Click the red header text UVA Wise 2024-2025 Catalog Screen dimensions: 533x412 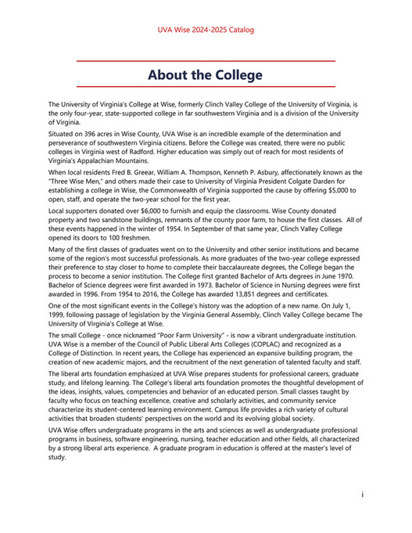click(x=206, y=31)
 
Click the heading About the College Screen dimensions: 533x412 click(x=206, y=75)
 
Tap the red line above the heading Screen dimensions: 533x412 click(x=206, y=61)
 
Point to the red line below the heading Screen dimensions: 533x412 click(x=206, y=87)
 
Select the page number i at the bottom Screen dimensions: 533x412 click(x=363, y=495)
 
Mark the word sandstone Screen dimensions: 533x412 click(x=127, y=221)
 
